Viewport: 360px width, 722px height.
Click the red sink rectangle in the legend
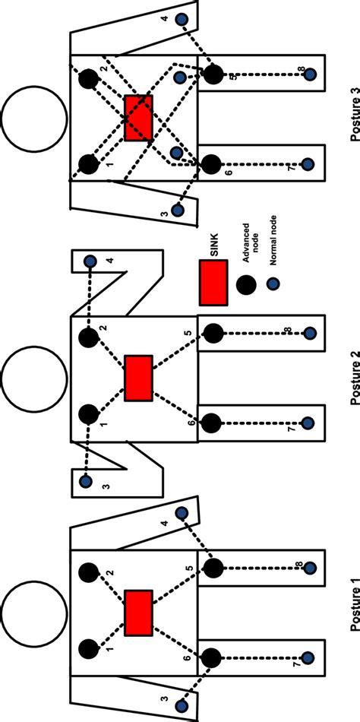(x=213, y=282)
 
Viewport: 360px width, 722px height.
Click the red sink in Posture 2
(x=138, y=378)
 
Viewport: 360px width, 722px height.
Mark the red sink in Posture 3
(x=138, y=118)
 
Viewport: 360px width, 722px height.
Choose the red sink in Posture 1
(x=138, y=613)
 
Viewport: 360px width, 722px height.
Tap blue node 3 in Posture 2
(x=86, y=480)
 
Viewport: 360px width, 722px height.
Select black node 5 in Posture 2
(x=213, y=334)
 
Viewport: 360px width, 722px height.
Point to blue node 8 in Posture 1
(x=309, y=568)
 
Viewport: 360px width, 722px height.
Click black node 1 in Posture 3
(x=89, y=163)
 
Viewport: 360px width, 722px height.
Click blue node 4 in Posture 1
(x=182, y=514)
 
